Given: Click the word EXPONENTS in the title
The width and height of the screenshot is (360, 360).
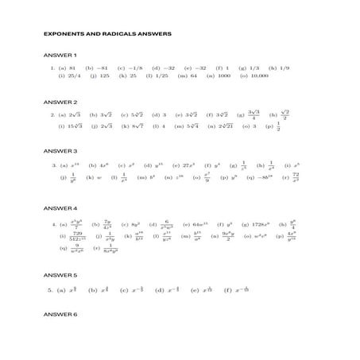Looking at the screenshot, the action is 61,33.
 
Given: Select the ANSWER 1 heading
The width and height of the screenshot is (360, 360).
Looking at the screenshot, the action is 60,55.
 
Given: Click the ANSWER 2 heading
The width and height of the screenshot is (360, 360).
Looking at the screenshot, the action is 60,103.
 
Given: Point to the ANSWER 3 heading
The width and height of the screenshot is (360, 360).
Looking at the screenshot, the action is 60,150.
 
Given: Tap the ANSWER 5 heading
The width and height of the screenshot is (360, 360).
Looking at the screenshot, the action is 60,274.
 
